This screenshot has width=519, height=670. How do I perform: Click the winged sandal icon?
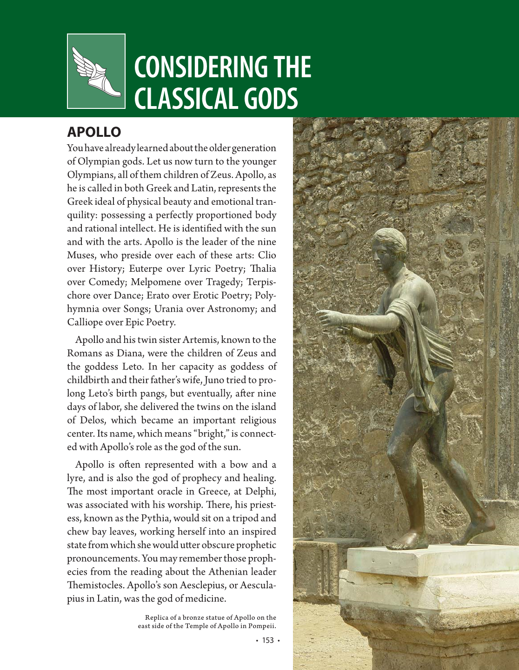[x=96, y=71]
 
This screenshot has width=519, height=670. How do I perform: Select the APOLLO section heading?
[x=94, y=132]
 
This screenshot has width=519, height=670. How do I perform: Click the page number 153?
[x=268, y=640]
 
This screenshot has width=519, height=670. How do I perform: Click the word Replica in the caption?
[x=158, y=618]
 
